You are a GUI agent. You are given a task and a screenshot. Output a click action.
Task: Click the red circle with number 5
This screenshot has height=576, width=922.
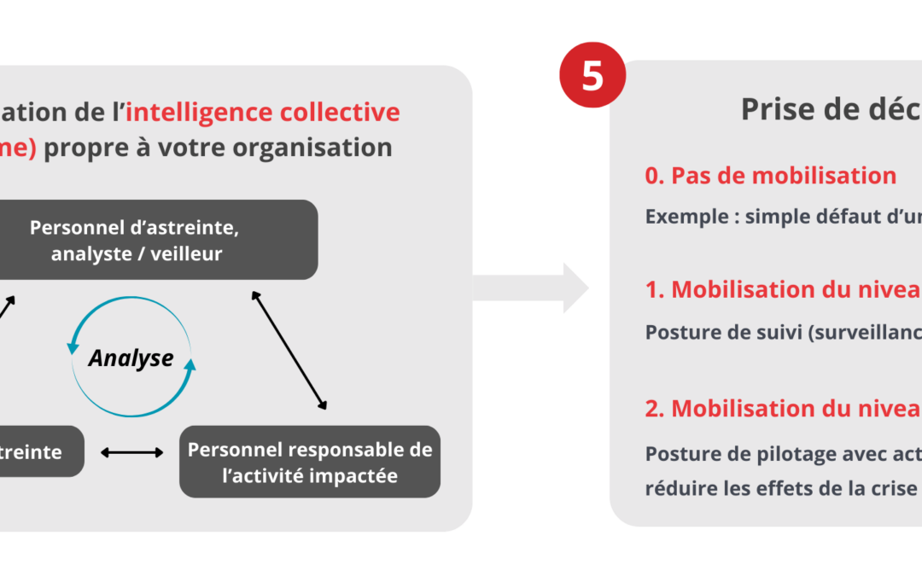coord(592,75)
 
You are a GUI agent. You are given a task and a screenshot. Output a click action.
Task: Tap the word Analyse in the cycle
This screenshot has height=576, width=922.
coord(131,358)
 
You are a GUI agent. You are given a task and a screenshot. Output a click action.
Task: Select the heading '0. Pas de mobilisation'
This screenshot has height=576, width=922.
coord(770,176)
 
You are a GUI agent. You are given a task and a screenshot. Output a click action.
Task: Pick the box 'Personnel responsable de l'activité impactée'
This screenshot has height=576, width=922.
coord(310,462)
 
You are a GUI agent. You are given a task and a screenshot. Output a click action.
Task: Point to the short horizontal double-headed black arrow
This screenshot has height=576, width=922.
coord(132,451)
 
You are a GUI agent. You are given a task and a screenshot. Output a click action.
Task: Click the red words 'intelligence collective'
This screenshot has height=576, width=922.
coord(262,112)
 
